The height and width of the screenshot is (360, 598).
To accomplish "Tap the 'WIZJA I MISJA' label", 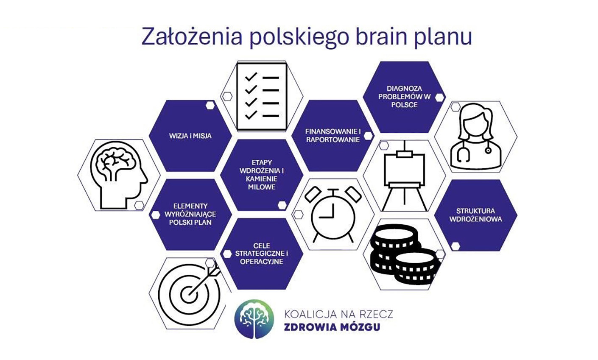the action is pos(190,136).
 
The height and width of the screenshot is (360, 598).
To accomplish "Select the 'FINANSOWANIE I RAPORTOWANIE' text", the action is pos(333,136).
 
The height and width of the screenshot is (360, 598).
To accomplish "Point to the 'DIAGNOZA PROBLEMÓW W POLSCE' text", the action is pos(405,97).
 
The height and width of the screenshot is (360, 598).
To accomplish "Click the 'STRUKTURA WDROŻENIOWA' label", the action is pos(475,215).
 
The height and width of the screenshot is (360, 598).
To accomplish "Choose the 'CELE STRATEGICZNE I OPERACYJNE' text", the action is pos(262,254).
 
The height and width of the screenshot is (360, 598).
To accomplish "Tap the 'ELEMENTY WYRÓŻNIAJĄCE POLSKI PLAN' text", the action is pos(190,214).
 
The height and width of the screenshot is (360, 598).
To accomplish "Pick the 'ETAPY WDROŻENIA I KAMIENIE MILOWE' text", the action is pos(262,175).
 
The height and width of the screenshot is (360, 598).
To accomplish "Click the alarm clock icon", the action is pos(333,214).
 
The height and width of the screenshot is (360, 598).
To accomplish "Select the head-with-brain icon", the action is pos(119,175).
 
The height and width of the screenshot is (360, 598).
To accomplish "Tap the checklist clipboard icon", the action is pos(262,97).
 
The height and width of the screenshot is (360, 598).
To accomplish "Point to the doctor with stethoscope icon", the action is pos(476,136).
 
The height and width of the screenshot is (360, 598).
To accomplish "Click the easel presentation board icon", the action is pos(404,176).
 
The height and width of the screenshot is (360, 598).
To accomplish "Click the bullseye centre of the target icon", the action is pos(189,295).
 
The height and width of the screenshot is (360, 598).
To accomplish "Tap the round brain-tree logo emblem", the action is pos(254,319).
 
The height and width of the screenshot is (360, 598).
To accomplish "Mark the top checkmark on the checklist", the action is pos(251,77).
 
